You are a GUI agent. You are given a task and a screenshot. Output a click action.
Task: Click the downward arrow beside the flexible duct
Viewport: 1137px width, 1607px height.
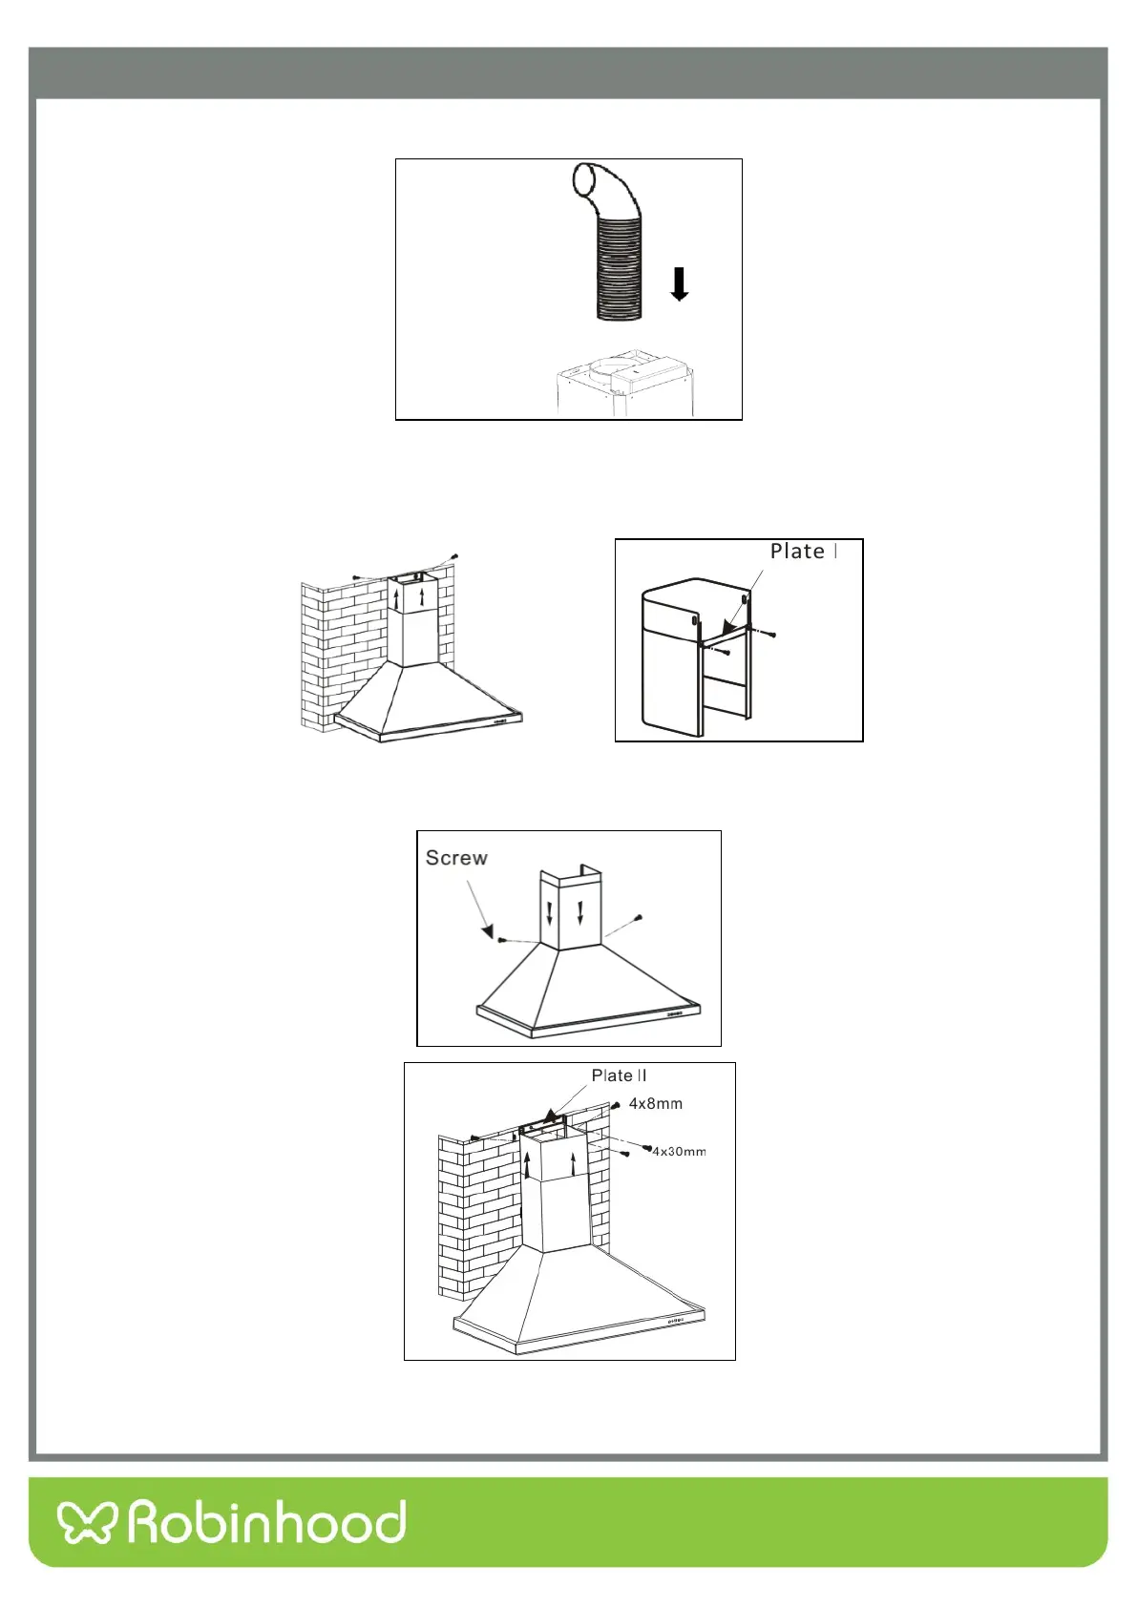click(679, 284)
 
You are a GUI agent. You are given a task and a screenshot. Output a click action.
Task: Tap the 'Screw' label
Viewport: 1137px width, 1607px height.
click(456, 858)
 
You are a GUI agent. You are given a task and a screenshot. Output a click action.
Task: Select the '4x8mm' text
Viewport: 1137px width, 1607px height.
click(656, 1103)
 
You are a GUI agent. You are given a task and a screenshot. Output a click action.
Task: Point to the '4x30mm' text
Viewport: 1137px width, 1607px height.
click(680, 1152)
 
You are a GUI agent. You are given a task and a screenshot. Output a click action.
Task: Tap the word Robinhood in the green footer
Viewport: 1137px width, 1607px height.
click(267, 1521)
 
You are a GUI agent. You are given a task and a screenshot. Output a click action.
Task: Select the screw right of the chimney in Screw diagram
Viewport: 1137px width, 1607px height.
click(639, 917)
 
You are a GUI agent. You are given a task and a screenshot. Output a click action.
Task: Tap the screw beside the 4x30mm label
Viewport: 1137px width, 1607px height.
click(648, 1147)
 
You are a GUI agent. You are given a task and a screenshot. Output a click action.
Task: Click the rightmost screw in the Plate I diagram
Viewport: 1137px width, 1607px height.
click(772, 635)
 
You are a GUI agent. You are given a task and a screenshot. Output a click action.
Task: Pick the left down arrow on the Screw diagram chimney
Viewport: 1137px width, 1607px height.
click(550, 913)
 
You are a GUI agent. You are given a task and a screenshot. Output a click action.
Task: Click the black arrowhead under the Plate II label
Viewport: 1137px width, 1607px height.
click(549, 1116)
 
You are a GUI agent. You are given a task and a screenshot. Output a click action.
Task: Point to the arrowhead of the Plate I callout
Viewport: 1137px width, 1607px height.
click(728, 627)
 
